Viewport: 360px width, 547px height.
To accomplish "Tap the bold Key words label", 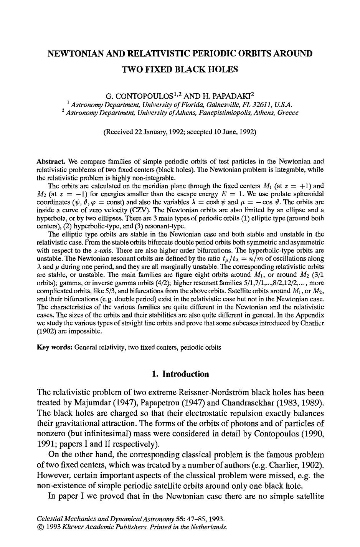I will click(x=54, y=347).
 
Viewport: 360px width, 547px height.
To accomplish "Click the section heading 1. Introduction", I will click(x=180, y=374).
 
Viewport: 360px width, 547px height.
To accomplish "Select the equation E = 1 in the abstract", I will click(x=232, y=193).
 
